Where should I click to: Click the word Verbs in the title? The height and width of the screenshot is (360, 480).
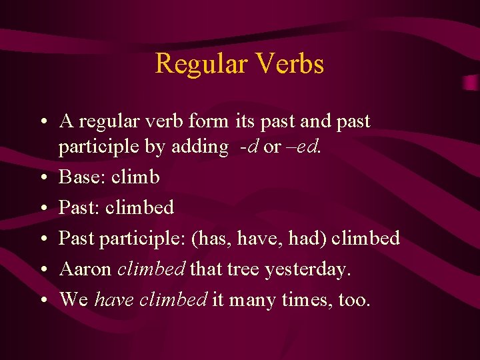[x=289, y=64]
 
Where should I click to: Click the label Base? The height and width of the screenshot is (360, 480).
[x=83, y=177]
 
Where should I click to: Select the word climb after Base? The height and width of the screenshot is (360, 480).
[x=135, y=177]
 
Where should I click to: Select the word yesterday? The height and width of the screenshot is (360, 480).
[x=307, y=270]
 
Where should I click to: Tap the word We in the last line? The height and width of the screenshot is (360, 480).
[x=74, y=299]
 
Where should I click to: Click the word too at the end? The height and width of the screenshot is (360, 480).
[x=353, y=299]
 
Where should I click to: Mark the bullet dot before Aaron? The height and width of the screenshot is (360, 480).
[x=43, y=269]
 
